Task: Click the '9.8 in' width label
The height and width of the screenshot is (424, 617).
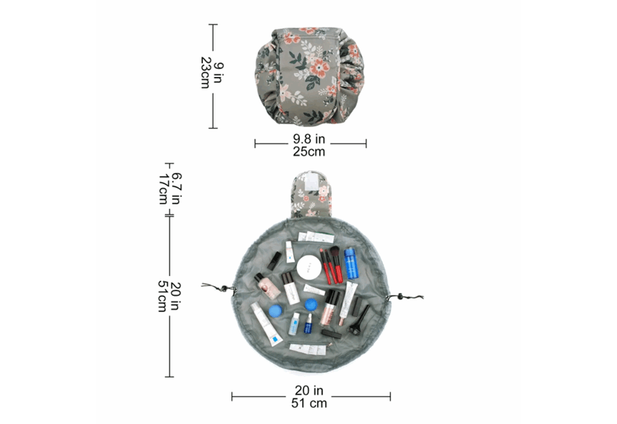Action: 309,139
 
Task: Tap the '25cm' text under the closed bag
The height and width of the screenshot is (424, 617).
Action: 309,151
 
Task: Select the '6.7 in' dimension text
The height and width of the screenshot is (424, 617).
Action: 177,188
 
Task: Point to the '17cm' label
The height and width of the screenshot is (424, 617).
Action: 164,189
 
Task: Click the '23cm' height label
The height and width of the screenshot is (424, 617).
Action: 205,72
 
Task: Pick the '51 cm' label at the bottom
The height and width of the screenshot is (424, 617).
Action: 309,403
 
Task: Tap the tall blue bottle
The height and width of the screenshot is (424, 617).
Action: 350,263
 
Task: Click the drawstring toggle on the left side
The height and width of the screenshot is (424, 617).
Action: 224,289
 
